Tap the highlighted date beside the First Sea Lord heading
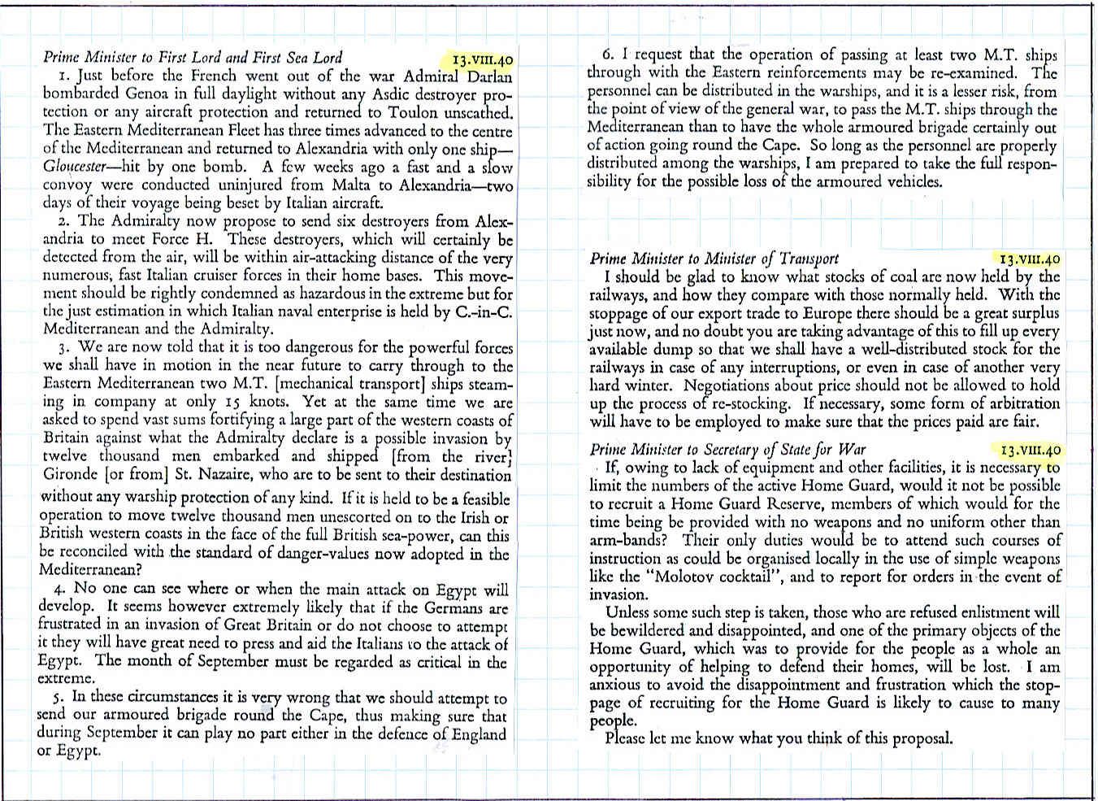484,59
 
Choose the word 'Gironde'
67,475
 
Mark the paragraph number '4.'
60,589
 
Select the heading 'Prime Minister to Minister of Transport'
714,259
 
